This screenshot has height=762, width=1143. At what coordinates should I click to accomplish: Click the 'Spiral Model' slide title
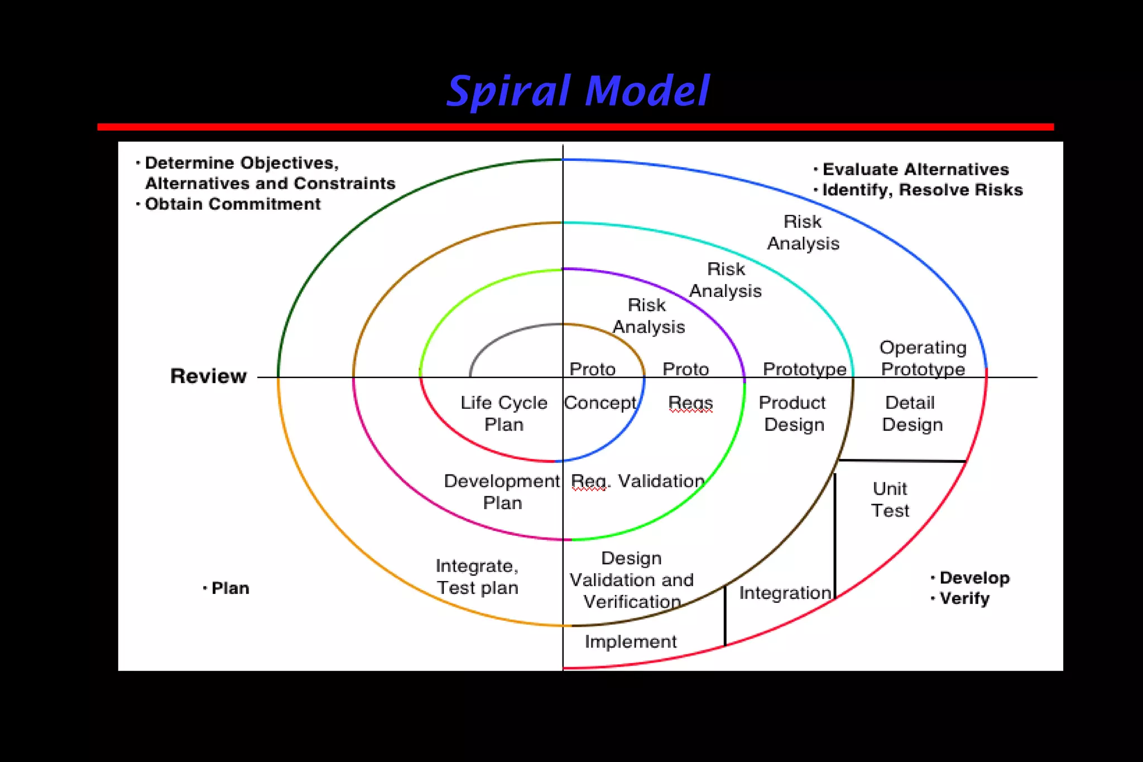coord(578,91)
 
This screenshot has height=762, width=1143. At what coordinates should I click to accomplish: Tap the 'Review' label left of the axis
coord(208,376)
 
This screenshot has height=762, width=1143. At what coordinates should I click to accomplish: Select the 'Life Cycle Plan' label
coord(503,413)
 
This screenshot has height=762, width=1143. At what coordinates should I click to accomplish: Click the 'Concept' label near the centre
coord(600,402)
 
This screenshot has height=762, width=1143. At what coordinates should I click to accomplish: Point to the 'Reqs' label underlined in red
coord(690,402)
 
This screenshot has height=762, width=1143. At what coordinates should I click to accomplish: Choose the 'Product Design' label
coord(793,413)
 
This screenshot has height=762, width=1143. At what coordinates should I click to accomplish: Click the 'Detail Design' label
coord(912,413)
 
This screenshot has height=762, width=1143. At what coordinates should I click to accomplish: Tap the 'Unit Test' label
coord(890,499)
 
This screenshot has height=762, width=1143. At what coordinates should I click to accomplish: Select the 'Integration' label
coord(785,592)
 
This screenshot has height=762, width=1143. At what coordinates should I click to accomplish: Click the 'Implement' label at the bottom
coord(631,641)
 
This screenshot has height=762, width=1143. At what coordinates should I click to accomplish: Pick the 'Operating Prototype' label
coord(923,358)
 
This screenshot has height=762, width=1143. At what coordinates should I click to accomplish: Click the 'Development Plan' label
coord(502,491)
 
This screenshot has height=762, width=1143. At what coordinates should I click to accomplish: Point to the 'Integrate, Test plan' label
coord(477,576)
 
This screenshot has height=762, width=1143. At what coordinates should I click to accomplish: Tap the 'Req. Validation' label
coord(638,481)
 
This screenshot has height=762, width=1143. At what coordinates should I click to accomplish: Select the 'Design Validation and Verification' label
coord(632,579)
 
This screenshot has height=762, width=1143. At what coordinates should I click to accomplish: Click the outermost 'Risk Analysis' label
coord(803,232)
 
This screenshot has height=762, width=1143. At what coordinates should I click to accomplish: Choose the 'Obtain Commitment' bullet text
coord(233,204)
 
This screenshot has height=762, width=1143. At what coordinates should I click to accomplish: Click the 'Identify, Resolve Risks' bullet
coord(922,190)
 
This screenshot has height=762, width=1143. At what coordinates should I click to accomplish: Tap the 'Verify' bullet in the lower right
coord(964,598)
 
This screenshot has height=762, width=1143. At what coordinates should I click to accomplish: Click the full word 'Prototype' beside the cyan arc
coord(804,369)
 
